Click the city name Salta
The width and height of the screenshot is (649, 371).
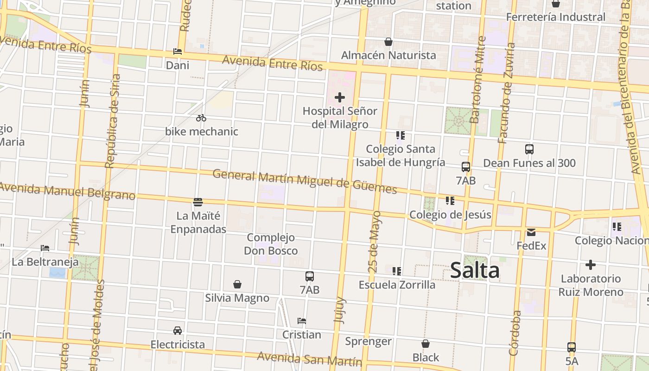point(475,271)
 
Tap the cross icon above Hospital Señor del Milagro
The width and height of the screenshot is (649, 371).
point(340,97)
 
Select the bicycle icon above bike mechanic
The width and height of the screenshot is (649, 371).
point(201,118)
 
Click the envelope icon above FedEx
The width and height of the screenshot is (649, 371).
point(531,232)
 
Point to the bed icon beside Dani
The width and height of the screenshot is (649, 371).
point(178,51)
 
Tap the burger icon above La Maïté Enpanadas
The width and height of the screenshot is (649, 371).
point(198,202)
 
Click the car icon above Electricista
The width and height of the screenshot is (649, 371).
point(178,331)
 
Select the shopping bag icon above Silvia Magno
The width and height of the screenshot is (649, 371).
point(237,284)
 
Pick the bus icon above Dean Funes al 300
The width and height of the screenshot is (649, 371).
point(529,149)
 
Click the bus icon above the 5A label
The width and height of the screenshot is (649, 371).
point(572,347)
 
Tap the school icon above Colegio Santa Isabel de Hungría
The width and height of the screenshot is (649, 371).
point(401,135)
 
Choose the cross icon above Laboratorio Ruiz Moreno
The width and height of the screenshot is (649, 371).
point(590,265)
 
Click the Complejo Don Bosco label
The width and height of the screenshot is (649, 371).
point(271,244)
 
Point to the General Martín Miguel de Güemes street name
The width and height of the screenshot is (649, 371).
point(305,182)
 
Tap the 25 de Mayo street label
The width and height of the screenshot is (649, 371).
point(376,242)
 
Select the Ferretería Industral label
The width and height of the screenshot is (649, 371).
point(555,17)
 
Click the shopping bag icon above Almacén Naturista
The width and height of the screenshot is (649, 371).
point(388,42)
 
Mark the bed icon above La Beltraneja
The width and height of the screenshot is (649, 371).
point(45,248)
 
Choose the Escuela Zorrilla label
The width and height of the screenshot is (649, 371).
point(397,285)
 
